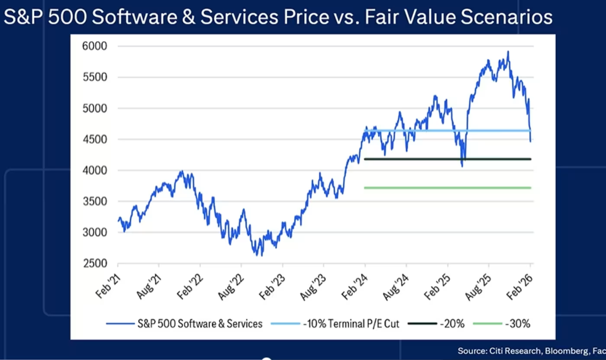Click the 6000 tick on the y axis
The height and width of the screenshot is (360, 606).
pos(94,46)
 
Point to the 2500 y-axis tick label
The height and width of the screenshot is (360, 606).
pos(94,264)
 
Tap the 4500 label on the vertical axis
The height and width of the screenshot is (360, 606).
pos(94,139)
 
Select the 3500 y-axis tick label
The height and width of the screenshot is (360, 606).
pos(94,201)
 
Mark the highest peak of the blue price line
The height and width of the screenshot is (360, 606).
pos(508,52)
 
